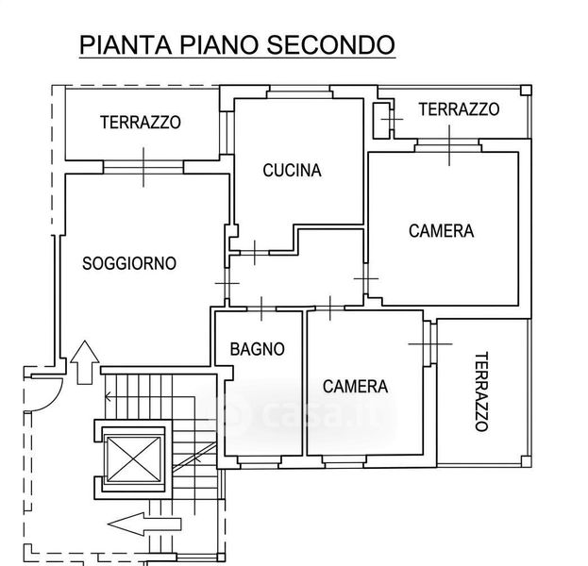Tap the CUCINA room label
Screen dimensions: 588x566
point(292,171)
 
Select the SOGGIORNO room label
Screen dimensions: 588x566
point(129,264)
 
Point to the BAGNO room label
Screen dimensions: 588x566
point(257,349)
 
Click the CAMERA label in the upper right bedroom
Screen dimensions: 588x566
point(441,231)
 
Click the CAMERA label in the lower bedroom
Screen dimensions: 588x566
point(355,386)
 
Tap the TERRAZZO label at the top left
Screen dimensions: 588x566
point(140,123)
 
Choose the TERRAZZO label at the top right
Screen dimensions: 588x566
point(459,109)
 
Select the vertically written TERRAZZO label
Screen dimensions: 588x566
point(481,391)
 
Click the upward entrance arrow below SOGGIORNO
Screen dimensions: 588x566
point(83,361)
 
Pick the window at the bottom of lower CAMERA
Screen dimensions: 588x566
point(355,460)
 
